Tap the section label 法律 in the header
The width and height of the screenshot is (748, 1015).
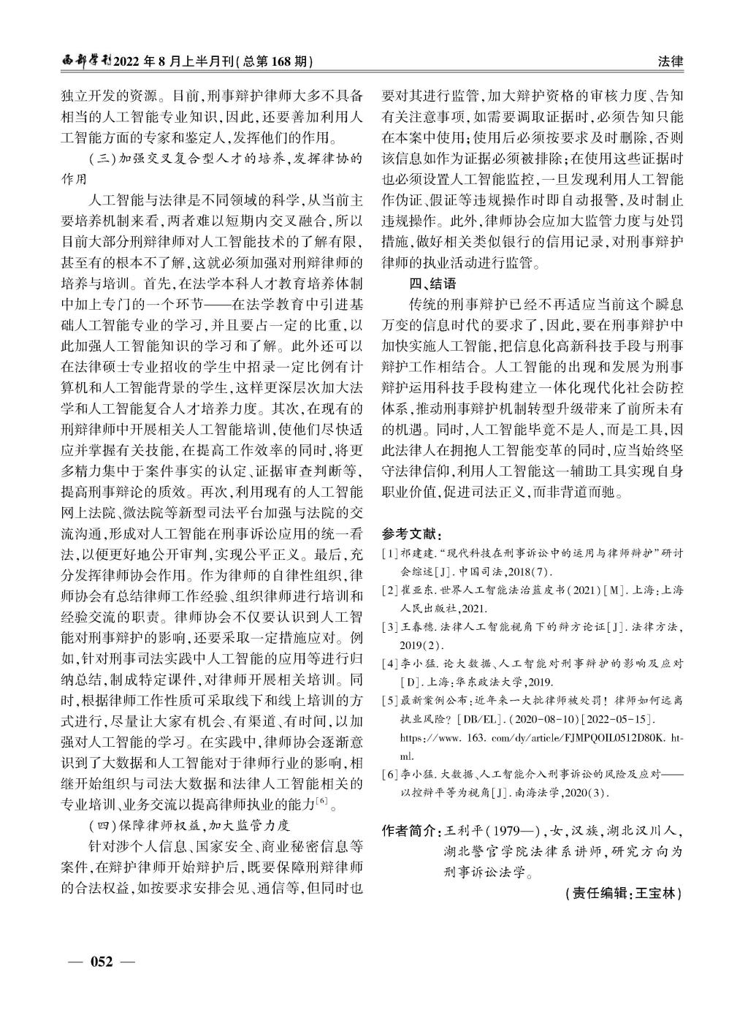pos(671,62)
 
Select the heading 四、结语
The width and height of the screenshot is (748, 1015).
pos(432,284)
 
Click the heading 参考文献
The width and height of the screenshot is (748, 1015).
pos(411,533)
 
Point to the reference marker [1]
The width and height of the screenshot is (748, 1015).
pos(390,553)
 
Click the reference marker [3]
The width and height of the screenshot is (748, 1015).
pos(390,626)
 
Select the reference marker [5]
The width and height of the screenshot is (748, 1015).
pos(390,700)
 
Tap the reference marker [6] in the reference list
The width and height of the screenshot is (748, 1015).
pos(390,774)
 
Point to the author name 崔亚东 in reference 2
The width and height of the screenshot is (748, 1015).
pos(418,590)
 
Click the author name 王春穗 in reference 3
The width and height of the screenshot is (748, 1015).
pos(418,626)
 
